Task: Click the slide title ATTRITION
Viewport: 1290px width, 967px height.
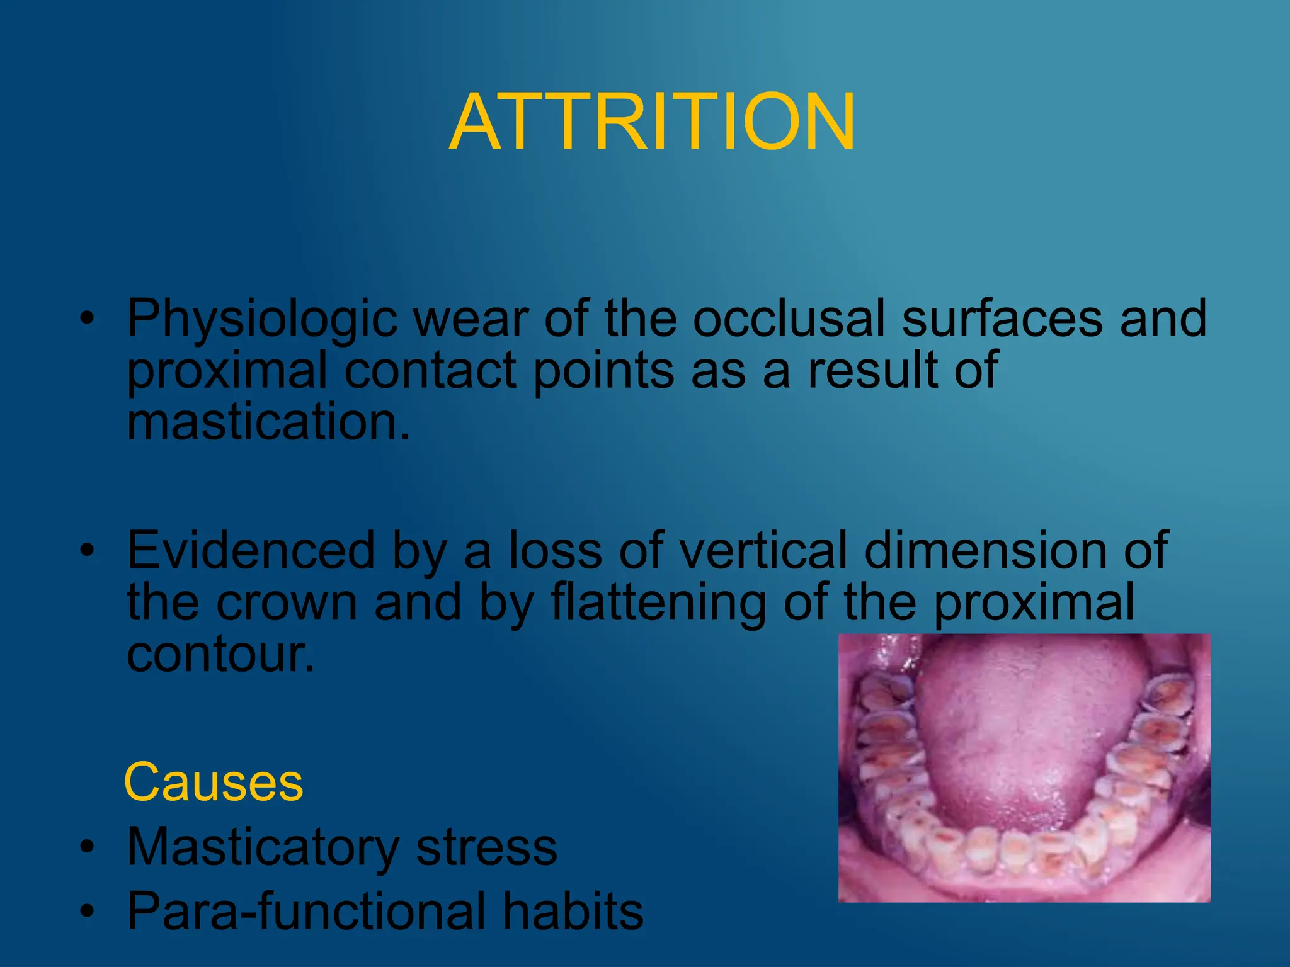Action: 653,122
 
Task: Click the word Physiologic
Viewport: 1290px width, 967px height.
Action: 262,320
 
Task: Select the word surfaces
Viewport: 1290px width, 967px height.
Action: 1002,319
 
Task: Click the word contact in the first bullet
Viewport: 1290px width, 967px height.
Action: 431,370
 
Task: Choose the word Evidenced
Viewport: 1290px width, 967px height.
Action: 251,550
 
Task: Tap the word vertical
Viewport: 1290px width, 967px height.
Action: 763,550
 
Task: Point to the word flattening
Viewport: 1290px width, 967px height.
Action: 658,602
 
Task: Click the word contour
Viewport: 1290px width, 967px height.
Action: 220,655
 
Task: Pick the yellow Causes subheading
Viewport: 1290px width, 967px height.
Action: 214,783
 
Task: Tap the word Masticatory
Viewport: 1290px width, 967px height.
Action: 263,847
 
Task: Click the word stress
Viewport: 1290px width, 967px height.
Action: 486,847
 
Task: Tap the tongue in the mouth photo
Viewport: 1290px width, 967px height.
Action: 1014,730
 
